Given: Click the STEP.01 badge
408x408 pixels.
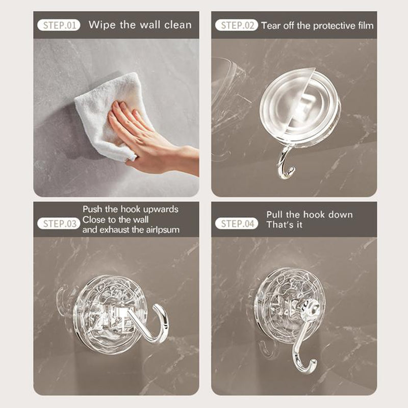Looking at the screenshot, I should pos(59,25).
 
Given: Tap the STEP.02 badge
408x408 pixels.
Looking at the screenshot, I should pos(237,25).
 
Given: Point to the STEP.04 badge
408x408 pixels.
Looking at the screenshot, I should pos(237,223).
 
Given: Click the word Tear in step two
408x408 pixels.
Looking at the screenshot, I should pos(271,25).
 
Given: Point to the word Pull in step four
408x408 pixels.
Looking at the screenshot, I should pos(275,215).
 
